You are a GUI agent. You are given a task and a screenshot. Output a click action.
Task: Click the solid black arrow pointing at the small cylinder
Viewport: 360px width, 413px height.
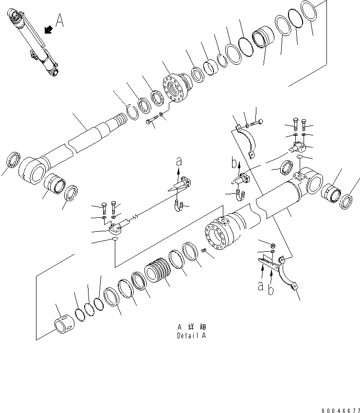point(49,30)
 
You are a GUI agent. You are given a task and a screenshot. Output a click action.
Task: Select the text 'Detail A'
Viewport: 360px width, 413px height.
point(192,336)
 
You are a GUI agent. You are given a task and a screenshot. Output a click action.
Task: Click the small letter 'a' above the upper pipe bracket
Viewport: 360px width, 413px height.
point(179,160)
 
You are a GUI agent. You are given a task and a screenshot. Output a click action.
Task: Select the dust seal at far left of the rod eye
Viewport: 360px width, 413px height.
point(13,160)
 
